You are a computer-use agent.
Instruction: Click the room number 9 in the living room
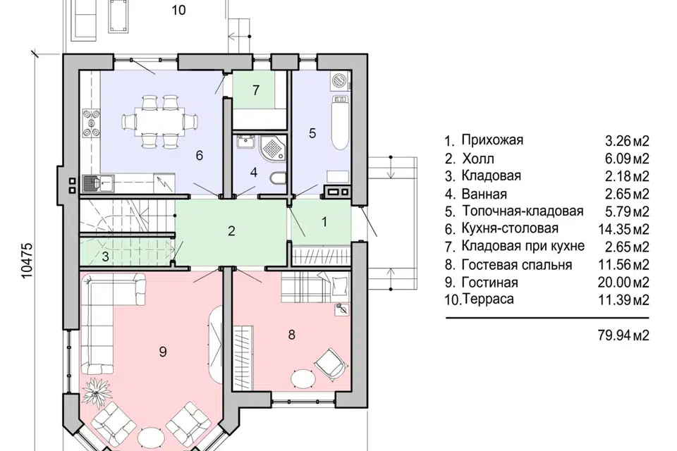point(163,351)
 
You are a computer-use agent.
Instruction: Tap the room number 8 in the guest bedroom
point(291,335)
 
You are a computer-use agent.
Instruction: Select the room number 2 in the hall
point(231,231)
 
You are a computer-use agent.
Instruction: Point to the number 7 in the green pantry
point(256,90)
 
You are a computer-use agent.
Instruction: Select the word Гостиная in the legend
point(489,283)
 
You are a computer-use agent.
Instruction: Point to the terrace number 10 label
point(178,10)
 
